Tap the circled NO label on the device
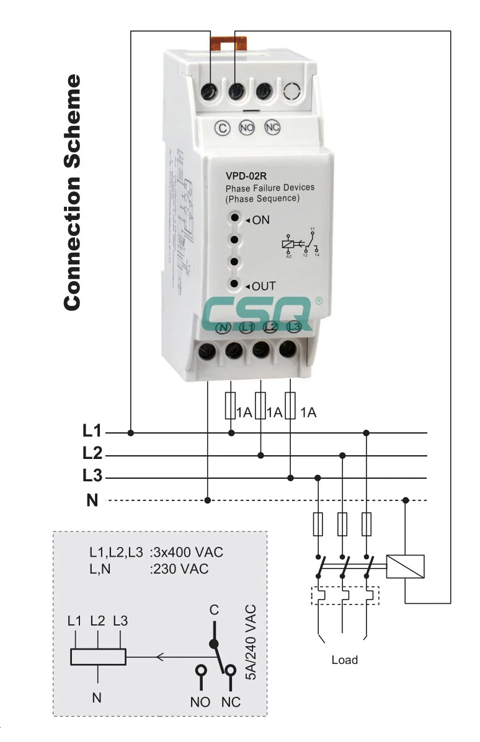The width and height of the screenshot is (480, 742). (x=247, y=128)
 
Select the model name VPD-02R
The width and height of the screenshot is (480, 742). (x=246, y=175)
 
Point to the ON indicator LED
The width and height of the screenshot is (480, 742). (x=234, y=218)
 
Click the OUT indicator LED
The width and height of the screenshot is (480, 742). (x=234, y=284)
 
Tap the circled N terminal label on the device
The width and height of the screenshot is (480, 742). (x=223, y=327)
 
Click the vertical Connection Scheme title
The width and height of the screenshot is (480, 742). (x=73, y=192)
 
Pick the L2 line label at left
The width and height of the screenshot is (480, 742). (x=92, y=453)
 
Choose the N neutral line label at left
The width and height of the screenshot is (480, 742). (x=92, y=500)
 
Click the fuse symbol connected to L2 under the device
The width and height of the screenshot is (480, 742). (x=261, y=405)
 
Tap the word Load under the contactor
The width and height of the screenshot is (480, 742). (x=344, y=660)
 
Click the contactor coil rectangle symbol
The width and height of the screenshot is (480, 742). (x=405, y=566)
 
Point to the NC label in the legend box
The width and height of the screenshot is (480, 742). (x=231, y=702)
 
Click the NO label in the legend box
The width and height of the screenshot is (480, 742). (x=200, y=702)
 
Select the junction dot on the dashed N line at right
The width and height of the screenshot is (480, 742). (x=406, y=500)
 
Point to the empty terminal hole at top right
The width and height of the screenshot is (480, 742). (x=291, y=92)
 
